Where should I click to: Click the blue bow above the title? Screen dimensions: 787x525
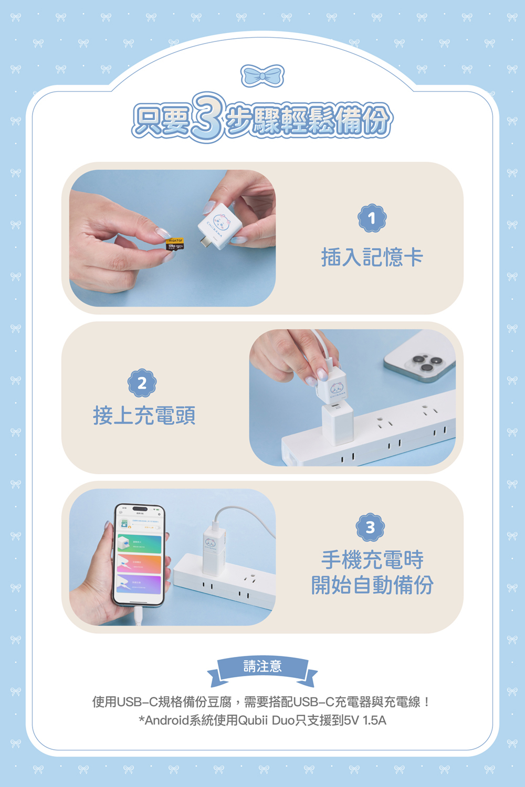(x=262, y=76)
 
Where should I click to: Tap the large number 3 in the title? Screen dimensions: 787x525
(x=208, y=118)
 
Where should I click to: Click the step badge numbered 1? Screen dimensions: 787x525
(x=372, y=218)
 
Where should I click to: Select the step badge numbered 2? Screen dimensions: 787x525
(x=142, y=384)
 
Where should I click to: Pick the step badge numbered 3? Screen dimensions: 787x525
(x=370, y=527)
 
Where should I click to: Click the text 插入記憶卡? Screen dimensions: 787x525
(x=372, y=257)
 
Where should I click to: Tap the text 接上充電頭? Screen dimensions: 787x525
(x=144, y=416)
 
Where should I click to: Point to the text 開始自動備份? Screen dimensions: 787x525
(x=372, y=585)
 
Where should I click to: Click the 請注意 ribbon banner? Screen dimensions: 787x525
(x=262, y=667)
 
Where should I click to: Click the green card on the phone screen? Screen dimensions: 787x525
(x=139, y=544)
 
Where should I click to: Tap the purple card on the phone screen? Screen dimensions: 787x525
(x=139, y=584)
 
